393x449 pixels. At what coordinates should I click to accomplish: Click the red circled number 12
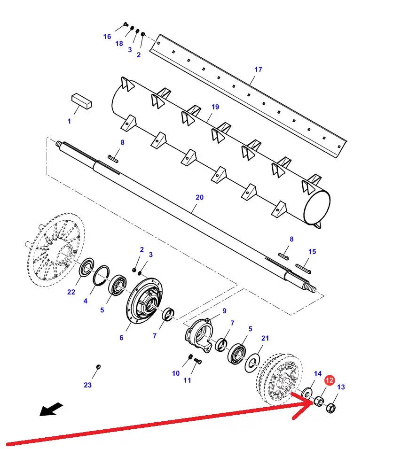[x=330, y=380]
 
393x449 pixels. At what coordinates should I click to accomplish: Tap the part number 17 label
[x=258, y=70]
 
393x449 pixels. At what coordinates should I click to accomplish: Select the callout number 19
[x=215, y=107]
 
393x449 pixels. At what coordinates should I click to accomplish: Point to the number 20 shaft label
[x=199, y=197]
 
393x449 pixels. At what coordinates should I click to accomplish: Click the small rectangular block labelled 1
[x=81, y=101]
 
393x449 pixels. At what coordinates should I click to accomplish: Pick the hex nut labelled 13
[x=330, y=408]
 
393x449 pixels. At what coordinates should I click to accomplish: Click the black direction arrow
[x=51, y=409]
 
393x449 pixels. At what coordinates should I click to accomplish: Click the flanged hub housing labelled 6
[x=144, y=301]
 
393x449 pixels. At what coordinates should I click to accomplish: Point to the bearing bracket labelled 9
[x=199, y=333]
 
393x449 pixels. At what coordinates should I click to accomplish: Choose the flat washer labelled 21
[x=252, y=363]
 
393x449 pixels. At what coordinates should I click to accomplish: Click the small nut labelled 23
[x=98, y=367]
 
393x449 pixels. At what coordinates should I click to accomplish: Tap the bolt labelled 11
[x=198, y=361]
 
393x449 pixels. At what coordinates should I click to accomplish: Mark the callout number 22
[x=71, y=292]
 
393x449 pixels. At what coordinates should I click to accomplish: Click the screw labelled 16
[x=126, y=24]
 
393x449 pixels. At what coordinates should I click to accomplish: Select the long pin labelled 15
[x=303, y=269]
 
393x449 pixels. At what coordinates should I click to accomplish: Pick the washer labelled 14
[x=307, y=392]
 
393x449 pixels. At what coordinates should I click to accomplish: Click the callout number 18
[x=119, y=44]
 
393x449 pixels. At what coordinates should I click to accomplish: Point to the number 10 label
[x=176, y=373]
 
